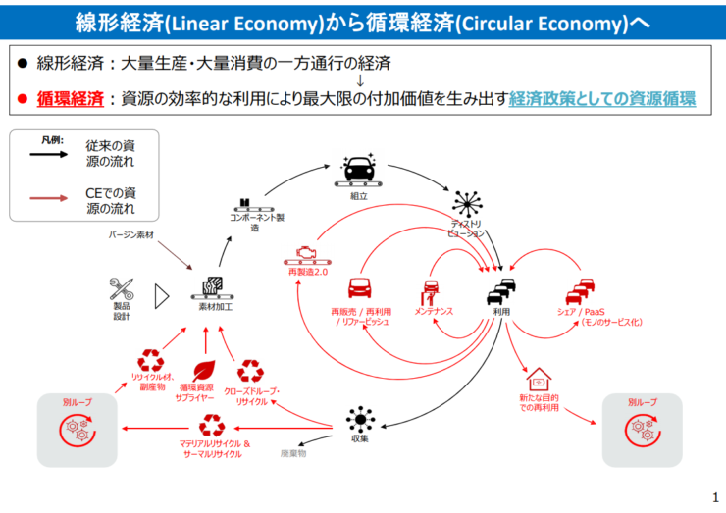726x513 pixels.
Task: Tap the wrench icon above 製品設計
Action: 123,289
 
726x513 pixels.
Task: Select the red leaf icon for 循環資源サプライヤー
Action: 205,370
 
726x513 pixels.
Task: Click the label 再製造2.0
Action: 307,270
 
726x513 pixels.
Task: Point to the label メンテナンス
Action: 433,311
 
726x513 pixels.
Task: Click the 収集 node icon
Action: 360,419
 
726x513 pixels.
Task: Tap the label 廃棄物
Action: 293,454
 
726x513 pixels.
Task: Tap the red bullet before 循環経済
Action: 23,100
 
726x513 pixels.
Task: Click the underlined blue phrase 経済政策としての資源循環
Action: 602,99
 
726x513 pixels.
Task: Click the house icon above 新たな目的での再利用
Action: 539,379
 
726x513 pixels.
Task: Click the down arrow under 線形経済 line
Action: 361,81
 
